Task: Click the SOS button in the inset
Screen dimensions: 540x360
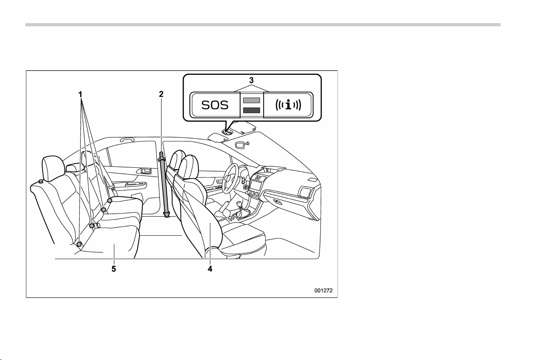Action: (x=215, y=105)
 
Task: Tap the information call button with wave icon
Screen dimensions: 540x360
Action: (x=288, y=105)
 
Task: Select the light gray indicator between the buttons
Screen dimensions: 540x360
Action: (x=252, y=100)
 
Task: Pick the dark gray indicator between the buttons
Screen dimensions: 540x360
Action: (x=252, y=110)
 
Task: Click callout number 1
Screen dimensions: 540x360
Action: (x=80, y=94)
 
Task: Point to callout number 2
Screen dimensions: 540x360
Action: (x=161, y=94)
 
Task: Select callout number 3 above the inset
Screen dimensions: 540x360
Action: (x=251, y=80)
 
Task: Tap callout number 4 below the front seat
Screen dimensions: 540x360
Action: (x=210, y=268)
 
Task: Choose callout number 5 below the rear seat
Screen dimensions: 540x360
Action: (x=114, y=268)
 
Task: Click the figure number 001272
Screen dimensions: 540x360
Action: (x=323, y=291)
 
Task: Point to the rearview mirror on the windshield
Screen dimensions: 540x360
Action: (x=241, y=145)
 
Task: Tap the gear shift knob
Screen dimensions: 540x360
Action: (x=239, y=205)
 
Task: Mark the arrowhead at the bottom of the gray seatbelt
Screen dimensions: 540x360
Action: (x=167, y=215)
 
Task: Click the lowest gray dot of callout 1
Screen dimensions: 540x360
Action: (x=79, y=244)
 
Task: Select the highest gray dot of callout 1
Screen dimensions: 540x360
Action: (x=110, y=200)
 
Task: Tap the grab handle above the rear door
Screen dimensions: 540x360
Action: (x=128, y=140)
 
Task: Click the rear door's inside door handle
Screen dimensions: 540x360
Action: (x=144, y=170)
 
